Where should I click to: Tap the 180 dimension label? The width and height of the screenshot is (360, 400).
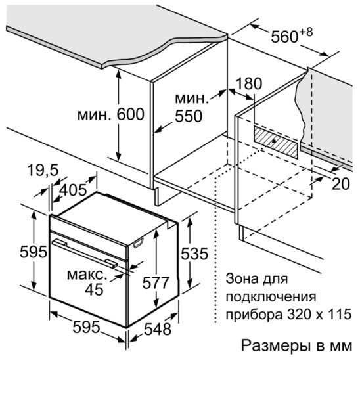pos(249,83)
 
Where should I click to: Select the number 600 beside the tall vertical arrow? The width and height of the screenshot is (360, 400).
pos(130,114)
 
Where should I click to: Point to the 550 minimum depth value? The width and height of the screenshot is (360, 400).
pos(189,116)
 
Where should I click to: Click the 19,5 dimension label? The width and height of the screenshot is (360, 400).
pos(43,170)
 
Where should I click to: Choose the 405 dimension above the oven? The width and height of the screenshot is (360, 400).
pos(73,190)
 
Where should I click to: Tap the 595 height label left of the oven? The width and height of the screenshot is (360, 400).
pos(34,252)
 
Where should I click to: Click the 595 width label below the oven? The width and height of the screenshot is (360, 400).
pos(86,327)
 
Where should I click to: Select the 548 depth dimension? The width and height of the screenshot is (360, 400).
pos(158,329)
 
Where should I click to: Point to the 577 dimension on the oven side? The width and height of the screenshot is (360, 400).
pos(156,283)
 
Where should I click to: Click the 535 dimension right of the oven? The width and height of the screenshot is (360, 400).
pos(194,254)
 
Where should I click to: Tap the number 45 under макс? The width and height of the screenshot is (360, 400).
pos(94,290)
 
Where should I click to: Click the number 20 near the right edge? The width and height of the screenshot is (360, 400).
pos(340,184)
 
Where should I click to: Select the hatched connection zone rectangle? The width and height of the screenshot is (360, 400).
pos(275,142)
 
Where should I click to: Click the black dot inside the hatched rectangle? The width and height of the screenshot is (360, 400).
pos(274,141)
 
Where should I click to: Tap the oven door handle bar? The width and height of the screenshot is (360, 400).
pos(85,254)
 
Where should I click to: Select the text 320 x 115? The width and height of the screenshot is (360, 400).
pos(319,314)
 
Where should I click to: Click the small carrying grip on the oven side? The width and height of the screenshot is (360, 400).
pos(139,243)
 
